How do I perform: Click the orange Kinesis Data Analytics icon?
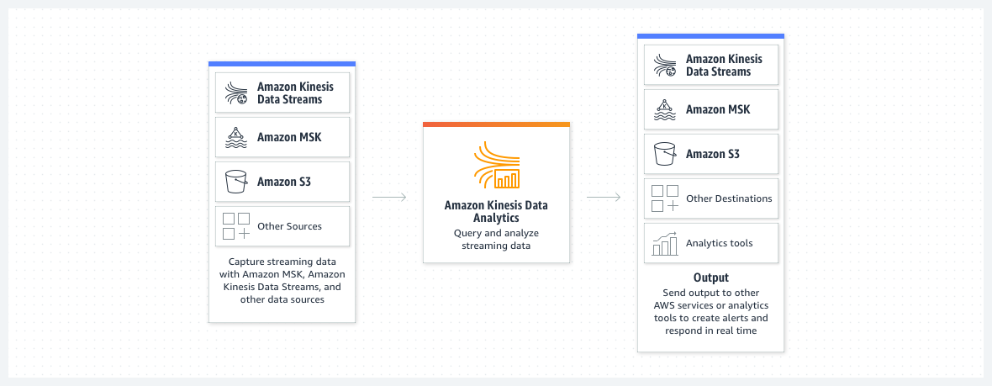point(497,167)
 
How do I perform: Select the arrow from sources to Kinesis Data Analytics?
point(389,198)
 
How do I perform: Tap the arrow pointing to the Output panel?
point(604,198)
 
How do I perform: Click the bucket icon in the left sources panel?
point(236,182)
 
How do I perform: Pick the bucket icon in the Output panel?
point(665,154)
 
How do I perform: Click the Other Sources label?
point(289,226)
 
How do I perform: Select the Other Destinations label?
point(729,198)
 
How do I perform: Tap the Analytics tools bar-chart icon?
point(665,244)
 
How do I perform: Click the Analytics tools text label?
point(720,243)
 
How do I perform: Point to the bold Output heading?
point(710,278)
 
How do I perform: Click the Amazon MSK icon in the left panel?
point(236,137)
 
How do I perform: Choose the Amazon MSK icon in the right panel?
point(665,109)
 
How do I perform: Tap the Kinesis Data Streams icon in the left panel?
point(236,93)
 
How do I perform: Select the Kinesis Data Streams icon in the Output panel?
point(665,66)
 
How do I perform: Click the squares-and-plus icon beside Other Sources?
point(236,226)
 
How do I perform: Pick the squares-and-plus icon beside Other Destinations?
point(665,198)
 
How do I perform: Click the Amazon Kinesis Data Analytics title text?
point(497,211)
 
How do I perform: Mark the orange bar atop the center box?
point(497,124)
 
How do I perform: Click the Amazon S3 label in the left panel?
point(284,182)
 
